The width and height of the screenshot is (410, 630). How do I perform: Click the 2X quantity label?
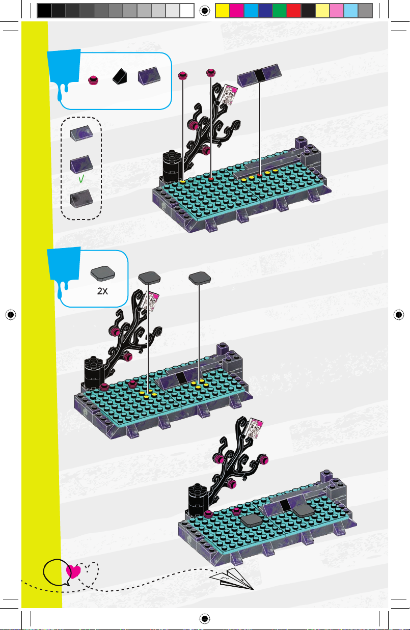point(102,291)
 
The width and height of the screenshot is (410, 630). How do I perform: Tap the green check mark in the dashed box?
point(81,179)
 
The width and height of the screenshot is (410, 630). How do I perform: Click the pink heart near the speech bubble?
point(73,571)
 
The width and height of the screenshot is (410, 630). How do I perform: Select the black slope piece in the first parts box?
point(120,76)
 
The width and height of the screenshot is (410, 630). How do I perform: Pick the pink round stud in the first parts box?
point(93,80)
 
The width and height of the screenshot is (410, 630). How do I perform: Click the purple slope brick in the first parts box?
point(149,75)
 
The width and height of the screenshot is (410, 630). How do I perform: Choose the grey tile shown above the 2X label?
point(103,273)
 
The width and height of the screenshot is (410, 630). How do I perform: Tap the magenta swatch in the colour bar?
point(237,11)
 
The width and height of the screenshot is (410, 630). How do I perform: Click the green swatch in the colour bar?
point(280,11)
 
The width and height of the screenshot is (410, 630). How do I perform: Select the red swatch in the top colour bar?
point(294,11)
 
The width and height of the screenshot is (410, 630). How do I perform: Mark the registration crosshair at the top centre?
point(205,11)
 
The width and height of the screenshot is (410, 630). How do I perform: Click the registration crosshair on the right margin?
point(399,315)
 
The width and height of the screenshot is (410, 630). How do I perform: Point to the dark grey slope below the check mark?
point(81,199)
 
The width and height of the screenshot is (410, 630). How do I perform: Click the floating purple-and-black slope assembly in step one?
point(259,75)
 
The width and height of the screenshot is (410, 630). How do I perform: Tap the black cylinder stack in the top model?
point(172,167)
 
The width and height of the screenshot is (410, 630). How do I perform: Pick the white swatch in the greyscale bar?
point(187,11)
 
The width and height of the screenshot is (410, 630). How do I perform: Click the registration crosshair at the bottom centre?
point(205,619)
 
